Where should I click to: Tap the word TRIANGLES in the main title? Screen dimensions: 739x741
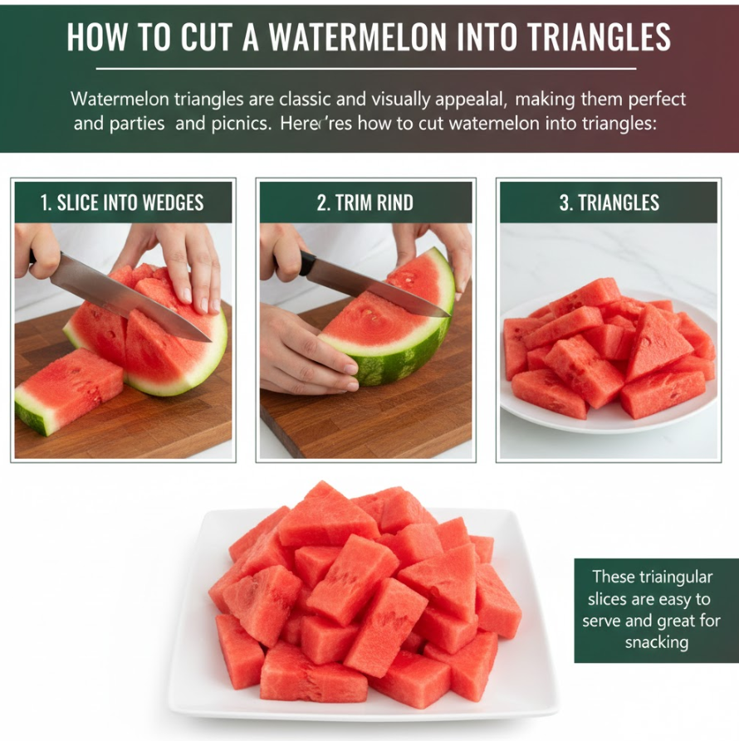pos(598,37)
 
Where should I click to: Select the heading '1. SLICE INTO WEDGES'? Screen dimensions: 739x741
pos(122,202)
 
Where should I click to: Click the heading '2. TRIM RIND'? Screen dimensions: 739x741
pos(365,202)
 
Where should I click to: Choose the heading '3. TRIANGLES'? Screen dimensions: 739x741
pos(609,202)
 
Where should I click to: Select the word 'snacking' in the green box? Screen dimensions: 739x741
pos(657,642)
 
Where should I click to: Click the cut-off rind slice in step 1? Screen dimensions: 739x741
pos(70,389)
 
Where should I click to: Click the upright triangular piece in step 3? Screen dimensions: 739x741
pos(657,343)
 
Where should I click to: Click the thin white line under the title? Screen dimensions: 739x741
pos(366,69)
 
